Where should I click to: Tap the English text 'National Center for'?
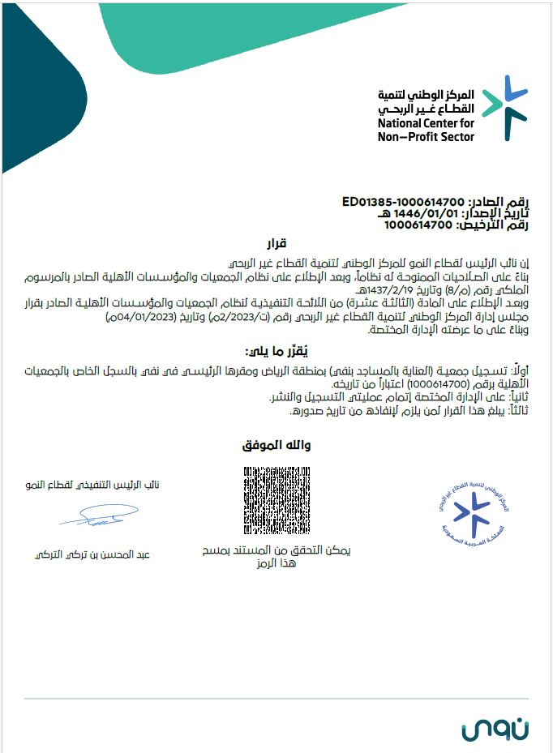pyautogui.click(x=426, y=124)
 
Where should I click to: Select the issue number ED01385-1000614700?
pyautogui.click(x=402, y=201)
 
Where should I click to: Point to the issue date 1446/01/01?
pyautogui.click(x=406, y=212)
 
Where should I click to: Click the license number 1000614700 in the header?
pyautogui.click(x=417, y=225)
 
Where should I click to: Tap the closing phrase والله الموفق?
pyautogui.click(x=276, y=446)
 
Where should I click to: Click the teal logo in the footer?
pyautogui.click(x=495, y=728)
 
